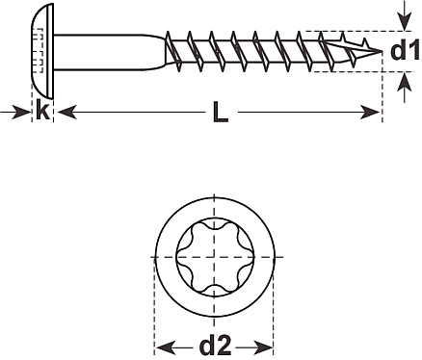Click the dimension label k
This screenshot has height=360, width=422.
point(42,109)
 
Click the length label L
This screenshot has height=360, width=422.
point(221,112)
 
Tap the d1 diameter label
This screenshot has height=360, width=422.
point(405,50)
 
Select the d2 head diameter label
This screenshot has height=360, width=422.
point(215,345)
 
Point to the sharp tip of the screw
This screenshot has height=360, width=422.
point(382,51)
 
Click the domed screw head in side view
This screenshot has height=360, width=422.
point(42,51)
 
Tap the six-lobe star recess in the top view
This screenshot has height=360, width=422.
point(215,257)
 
